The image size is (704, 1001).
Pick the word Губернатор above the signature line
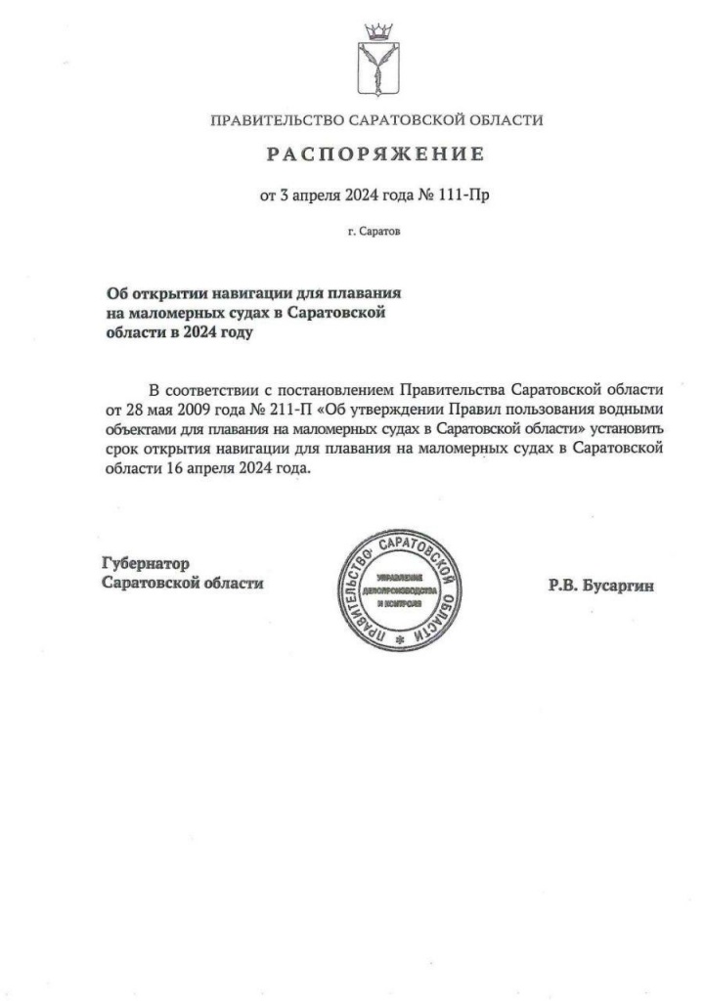point(145,563)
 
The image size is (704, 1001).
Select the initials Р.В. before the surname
point(564,587)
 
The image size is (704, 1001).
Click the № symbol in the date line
point(425,195)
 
